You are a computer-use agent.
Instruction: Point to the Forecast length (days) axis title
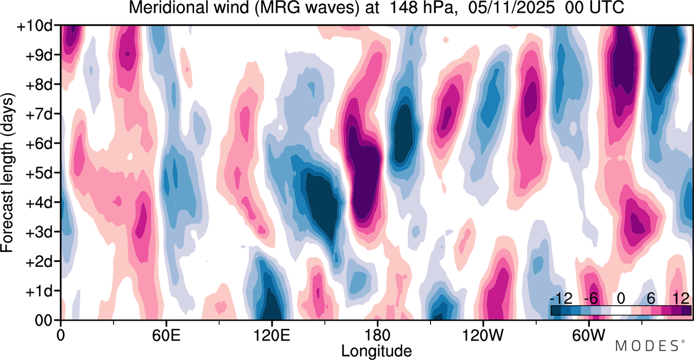pyautogui.click(x=8, y=173)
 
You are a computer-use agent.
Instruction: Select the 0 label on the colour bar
pyautogui.click(x=621, y=298)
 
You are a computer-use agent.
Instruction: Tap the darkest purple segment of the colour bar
pyautogui.click(x=686, y=311)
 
